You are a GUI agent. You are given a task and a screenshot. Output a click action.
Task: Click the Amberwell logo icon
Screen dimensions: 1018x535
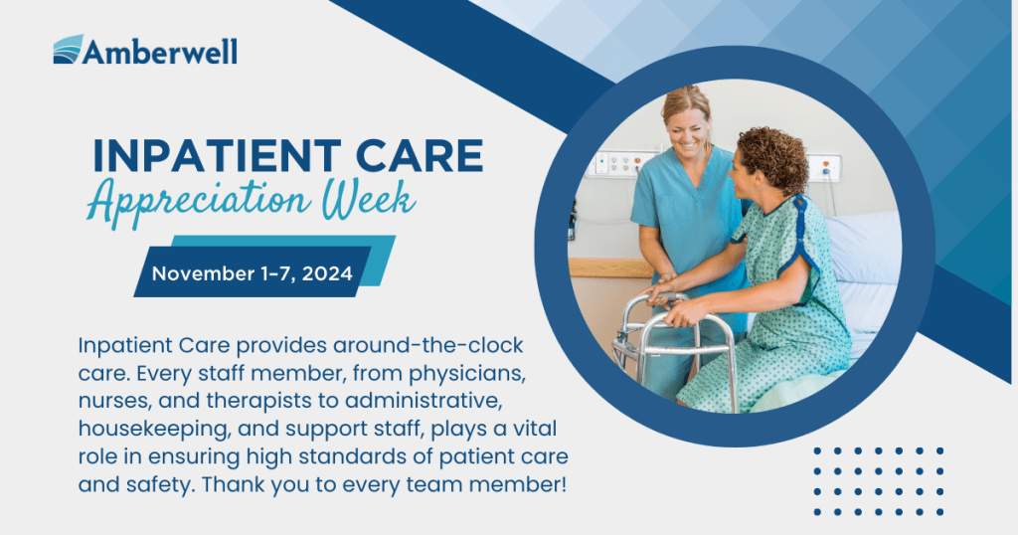tap(68, 50)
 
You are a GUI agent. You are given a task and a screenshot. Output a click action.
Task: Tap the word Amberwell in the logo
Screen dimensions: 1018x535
tap(160, 52)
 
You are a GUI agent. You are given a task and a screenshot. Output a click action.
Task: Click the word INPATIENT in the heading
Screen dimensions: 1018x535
tap(217, 156)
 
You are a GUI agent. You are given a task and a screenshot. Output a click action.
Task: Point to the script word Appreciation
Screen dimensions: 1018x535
tap(199, 201)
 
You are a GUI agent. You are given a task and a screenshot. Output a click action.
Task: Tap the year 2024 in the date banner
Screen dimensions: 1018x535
tap(327, 273)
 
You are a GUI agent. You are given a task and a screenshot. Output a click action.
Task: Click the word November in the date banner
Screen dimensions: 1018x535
tap(203, 273)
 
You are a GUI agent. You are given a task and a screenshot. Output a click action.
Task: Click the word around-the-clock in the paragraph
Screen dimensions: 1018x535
tap(428, 345)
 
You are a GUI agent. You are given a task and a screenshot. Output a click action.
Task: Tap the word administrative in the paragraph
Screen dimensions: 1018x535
tap(424, 402)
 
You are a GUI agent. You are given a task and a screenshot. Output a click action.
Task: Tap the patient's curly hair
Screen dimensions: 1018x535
tap(774, 156)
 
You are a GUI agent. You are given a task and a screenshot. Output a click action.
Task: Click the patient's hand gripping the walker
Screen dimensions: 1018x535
tap(682, 313)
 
